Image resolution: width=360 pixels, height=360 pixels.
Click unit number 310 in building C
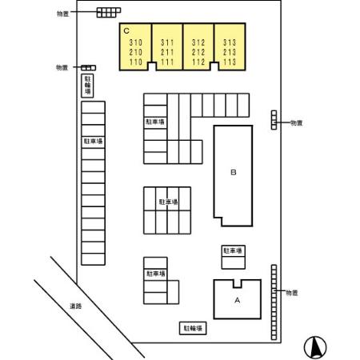pyautogui.click(x=136, y=42)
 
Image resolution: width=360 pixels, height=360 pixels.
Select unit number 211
pyautogui.click(x=167, y=52)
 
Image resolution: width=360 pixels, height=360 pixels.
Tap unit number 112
pyautogui.click(x=198, y=62)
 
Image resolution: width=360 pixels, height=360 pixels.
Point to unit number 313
pyautogui.click(x=230, y=42)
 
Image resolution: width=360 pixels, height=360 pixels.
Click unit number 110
pyautogui.click(x=136, y=62)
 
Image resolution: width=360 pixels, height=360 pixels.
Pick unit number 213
pyautogui.click(x=230, y=52)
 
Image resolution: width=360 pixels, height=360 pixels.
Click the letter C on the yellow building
pyautogui.click(x=126, y=31)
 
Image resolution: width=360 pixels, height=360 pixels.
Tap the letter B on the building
pyautogui.click(x=234, y=172)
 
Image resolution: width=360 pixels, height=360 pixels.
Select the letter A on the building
pyautogui.click(x=237, y=300)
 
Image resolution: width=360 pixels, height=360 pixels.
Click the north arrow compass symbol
pyautogui.click(x=315, y=347)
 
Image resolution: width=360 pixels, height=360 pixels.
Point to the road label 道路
pyautogui.click(x=76, y=306)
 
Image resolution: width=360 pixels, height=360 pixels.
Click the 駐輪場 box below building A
pyautogui.click(x=193, y=328)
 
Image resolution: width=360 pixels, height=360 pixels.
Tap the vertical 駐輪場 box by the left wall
pyautogui.click(x=87, y=86)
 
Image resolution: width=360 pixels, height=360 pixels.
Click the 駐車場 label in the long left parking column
pyautogui.click(x=93, y=141)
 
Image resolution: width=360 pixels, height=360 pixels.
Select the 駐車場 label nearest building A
pyautogui.click(x=234, y=250)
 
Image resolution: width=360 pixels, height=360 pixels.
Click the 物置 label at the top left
pyautogui.click(x=63, y=14)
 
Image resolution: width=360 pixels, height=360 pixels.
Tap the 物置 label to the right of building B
pyautogui.click(x=296, y=123)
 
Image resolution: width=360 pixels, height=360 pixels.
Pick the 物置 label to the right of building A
pyautogui.click(x=292, y=293)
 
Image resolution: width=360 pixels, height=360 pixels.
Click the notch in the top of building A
pyautogui.click(x=238, y=284)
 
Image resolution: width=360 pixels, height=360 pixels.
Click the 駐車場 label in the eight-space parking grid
pyautogui.click(x=168, y=202)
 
